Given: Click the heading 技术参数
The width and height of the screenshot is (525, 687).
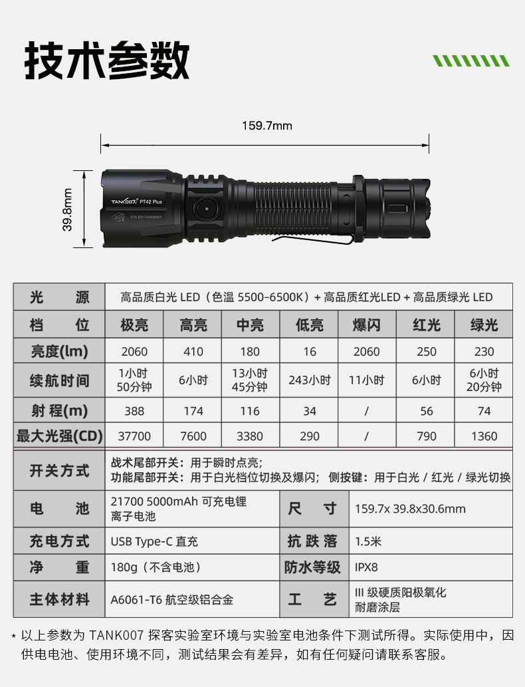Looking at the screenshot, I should [x=107, y=61].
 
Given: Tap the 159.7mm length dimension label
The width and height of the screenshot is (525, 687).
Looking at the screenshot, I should [x=266, y=126].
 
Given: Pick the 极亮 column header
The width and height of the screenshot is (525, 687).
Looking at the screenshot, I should [x=134, y=325].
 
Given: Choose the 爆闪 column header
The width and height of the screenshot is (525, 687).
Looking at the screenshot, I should [x=366, y=325].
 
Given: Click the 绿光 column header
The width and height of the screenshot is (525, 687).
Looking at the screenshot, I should [x=484, y=325].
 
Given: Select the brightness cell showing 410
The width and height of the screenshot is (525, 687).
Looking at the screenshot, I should [x=193, y=352].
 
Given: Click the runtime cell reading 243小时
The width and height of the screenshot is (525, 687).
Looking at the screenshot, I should [x=310, y=380].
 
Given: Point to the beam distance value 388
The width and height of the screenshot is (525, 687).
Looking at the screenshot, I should [x=134, y=411].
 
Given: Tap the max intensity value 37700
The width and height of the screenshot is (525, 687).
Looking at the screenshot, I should [x=134, y=436].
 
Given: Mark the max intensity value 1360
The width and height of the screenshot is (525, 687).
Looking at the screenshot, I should [x=484, y=436].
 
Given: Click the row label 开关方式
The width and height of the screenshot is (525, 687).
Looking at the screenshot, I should [x=59, y=471].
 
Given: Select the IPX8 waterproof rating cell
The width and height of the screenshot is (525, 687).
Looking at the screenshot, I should [x=366, y=567].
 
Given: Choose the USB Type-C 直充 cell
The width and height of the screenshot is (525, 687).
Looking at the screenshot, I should [x=155, y=541].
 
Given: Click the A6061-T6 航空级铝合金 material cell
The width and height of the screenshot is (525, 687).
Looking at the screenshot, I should [x=172, y=600].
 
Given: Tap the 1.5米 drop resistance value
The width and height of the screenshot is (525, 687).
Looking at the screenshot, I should [x=368, y=541].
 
